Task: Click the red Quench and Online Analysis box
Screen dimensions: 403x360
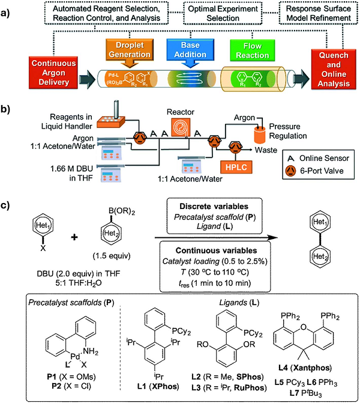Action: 329,67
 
